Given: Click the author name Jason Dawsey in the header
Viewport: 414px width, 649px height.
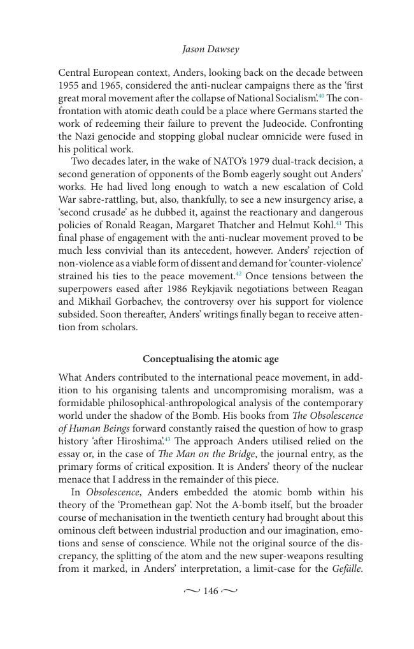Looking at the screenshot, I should coord(210,49).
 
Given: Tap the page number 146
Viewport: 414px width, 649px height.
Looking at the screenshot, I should coord(210,592).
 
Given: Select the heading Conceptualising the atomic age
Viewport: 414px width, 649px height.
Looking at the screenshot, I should coord(210,359).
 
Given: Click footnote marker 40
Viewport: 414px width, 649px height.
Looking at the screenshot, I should coord(322,96).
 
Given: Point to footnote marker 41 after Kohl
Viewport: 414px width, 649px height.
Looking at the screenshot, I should coord(339,223).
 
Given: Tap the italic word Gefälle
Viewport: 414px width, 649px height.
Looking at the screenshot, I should coord(347,569).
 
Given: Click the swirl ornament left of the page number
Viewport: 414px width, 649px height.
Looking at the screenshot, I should coord(192,592).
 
